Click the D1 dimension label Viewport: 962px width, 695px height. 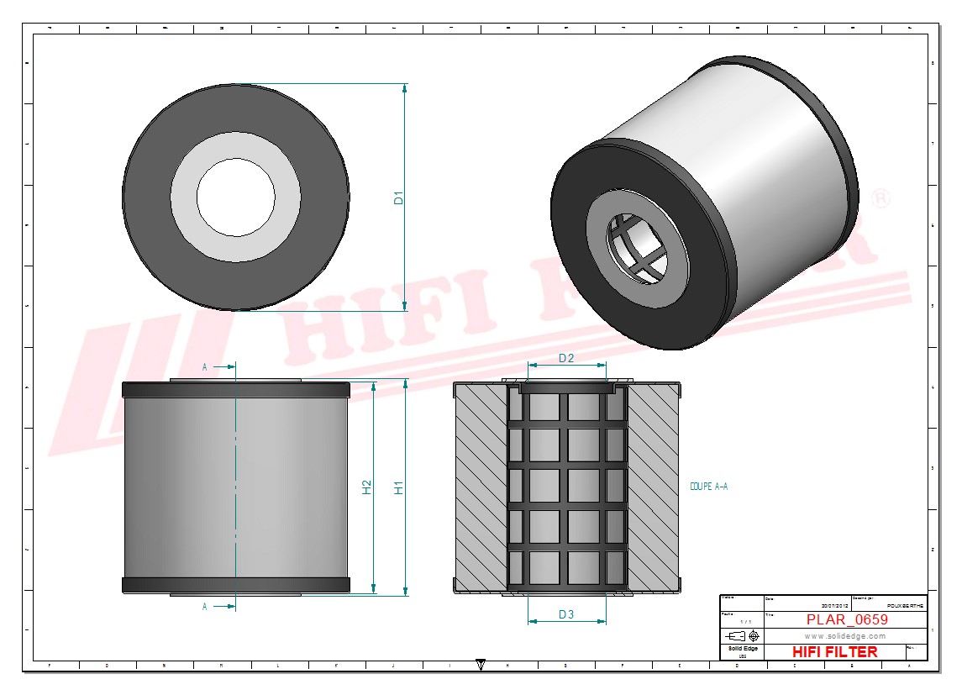pyautogui.click(x=400, y=198)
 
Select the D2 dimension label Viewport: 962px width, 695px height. pyautogui.click(x=566, y=358)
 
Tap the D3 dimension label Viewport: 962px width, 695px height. pyautogui.click(x=566, y=614)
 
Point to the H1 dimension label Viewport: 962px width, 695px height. pyautogui.click(x=400, y=487)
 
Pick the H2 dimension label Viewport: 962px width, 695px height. pyautogui.click(x=367, y=487)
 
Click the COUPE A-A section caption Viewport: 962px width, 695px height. pyautogui.click(x=708, y=487)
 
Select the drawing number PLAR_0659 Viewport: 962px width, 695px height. pyautogui.click(x=846, y=619)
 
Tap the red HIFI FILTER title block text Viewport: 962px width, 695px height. pyautogui.click(x=834, y=652)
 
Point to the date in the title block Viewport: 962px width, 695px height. pyautogui.click(x=834, y=605)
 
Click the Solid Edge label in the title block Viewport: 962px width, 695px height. pyautogui.click(x=742, y=649)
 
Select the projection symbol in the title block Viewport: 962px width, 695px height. pyautogui.click(x=743, y=634)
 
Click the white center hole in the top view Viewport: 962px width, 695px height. pyautogui.click(x=235, y=197)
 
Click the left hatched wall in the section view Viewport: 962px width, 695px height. pyautogui.click(x=481, y=487)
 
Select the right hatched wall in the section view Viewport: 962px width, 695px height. pyautogui.click(x=653, y=487)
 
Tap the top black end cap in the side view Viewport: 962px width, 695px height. pyautogui.click(x=235, y=390)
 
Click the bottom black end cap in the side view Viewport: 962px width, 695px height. pyautogui.click(x=235, y=585)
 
